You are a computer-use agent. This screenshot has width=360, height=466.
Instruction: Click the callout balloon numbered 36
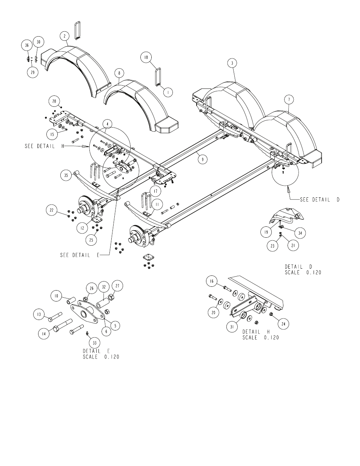(27, 45)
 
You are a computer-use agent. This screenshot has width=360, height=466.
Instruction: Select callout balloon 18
(146, 57)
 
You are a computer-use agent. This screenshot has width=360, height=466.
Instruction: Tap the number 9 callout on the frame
(203, 159)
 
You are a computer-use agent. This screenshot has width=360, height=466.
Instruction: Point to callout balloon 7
(289, 100)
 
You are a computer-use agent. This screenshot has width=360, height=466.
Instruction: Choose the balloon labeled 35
(66, 175)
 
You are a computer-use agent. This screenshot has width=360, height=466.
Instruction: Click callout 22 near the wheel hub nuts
(51, 210)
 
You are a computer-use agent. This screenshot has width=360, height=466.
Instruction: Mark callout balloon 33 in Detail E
(95, 343)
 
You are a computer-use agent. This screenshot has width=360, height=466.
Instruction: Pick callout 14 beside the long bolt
(44, 334)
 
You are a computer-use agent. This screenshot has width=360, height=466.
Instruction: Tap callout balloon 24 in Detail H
(283, 324)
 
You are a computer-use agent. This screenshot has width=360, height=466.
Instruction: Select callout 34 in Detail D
(300, 233)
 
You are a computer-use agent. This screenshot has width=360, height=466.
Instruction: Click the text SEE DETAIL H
(45, 146)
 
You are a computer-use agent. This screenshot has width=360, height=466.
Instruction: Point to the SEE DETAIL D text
(320, 200)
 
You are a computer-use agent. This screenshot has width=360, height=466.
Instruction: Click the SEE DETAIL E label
(80, 255)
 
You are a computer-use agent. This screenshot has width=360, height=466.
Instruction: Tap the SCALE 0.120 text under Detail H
(261, 338)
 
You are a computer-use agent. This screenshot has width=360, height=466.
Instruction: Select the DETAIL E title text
(96, 351)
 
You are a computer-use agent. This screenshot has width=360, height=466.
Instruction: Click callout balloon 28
(54, 101)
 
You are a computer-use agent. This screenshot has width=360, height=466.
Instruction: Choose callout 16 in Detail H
(212, 281)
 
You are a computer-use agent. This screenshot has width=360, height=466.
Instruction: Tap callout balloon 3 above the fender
(232, 63)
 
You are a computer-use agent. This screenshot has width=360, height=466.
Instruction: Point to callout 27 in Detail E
(117, 286)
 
